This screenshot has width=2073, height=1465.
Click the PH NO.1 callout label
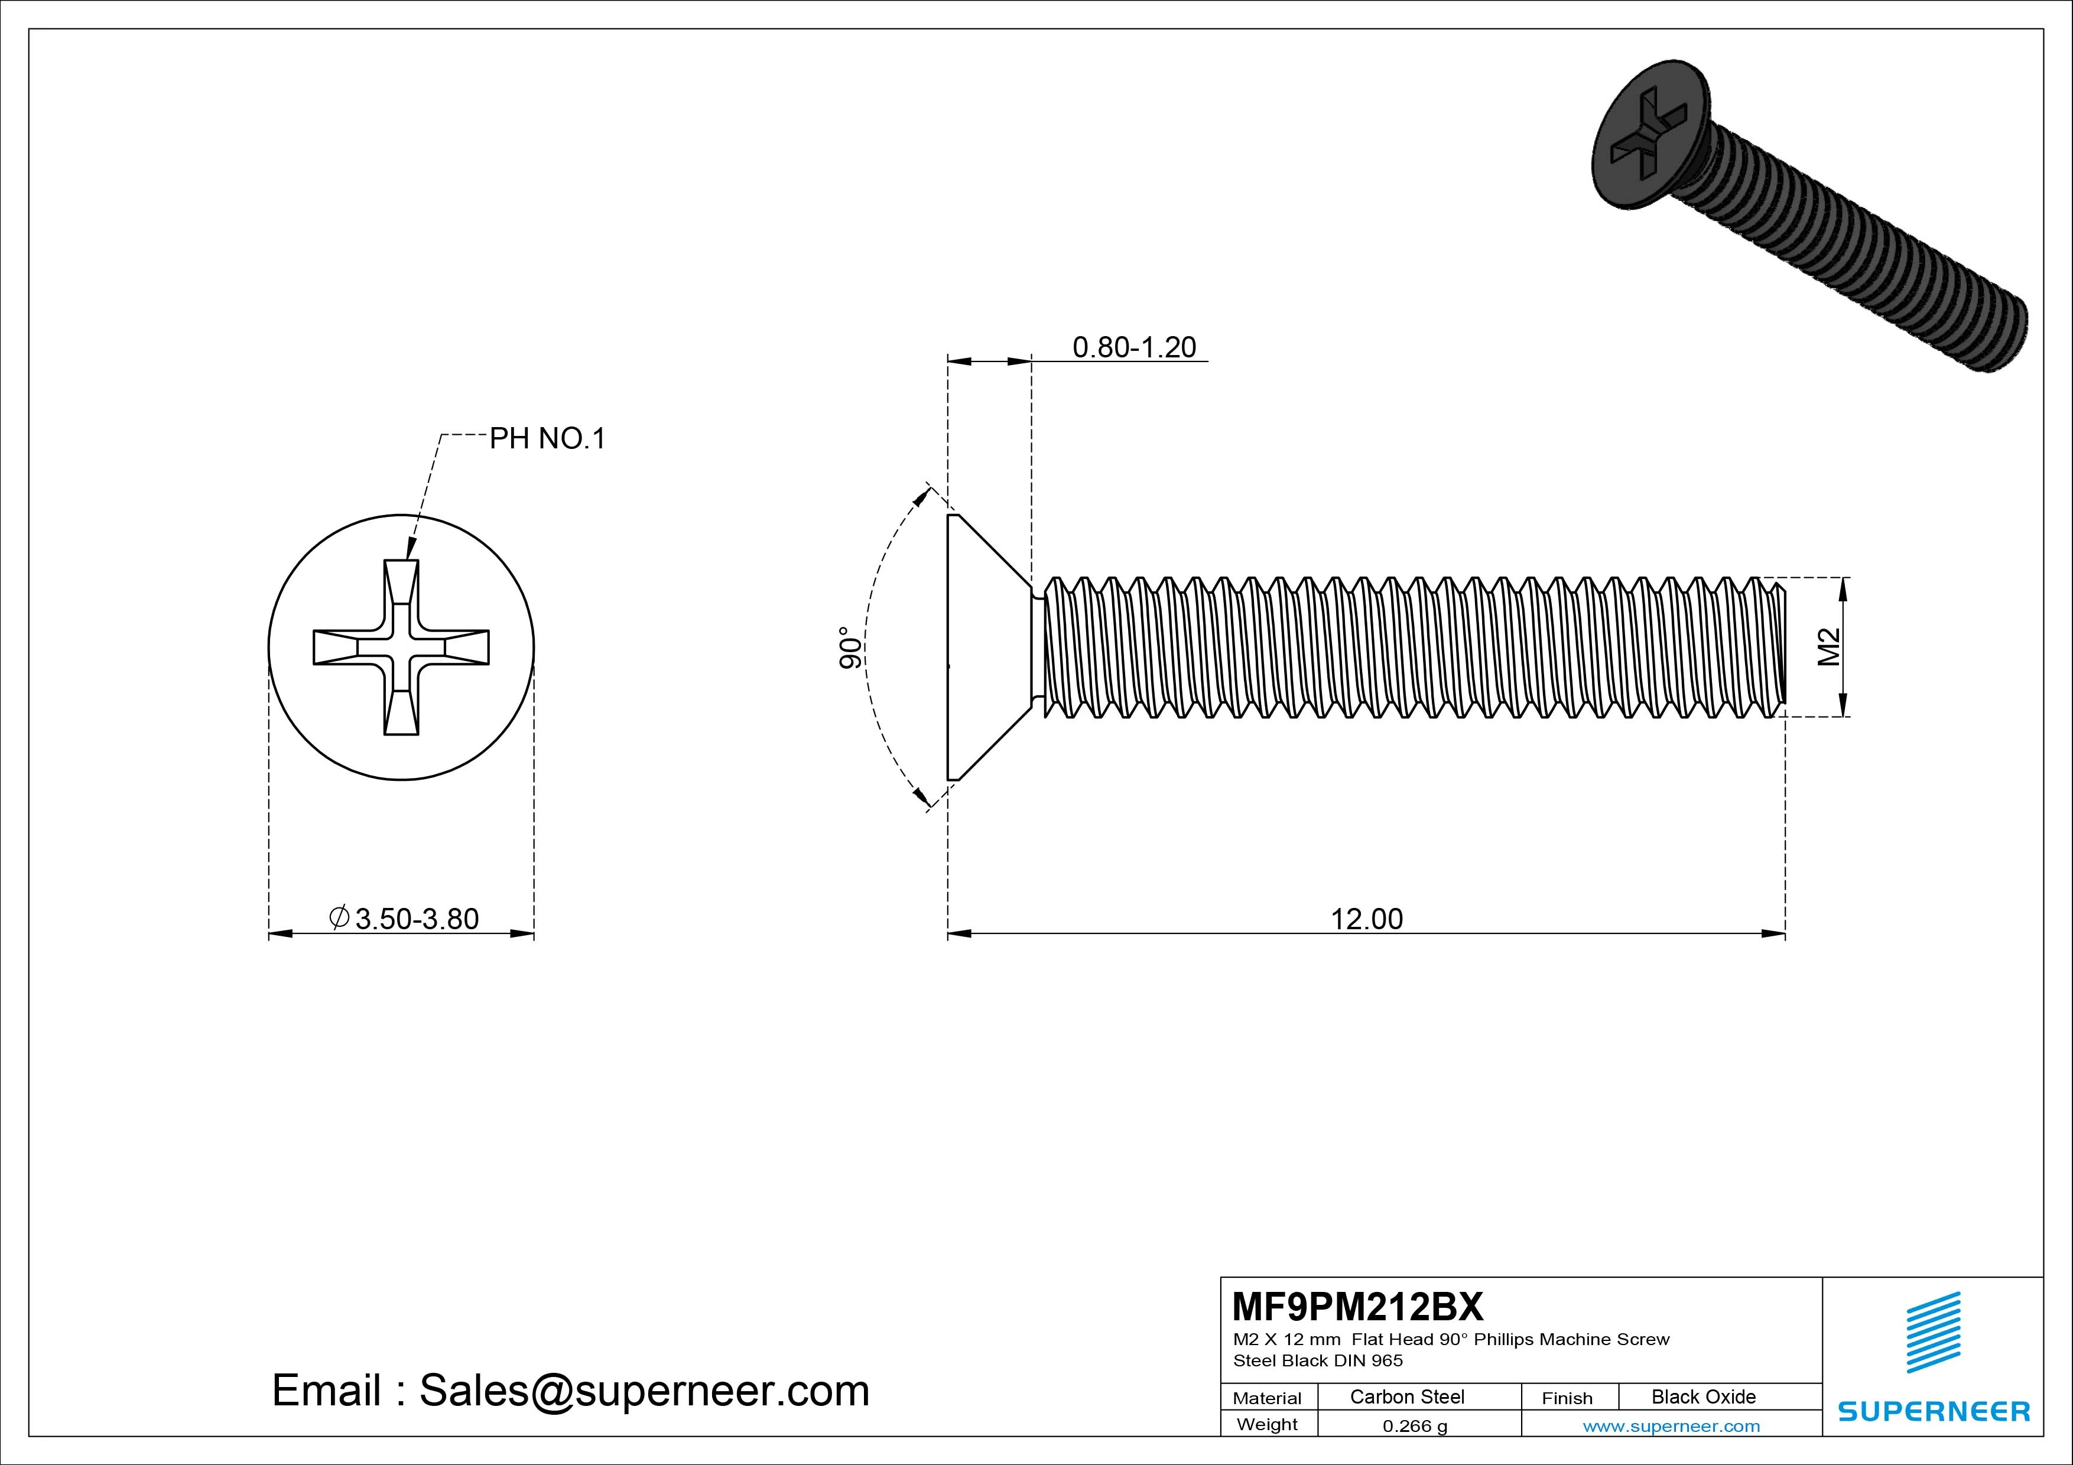click(547, 439)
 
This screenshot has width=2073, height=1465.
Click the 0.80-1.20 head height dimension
click(1134, 347)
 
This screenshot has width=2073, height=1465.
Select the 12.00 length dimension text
click(1367, 919)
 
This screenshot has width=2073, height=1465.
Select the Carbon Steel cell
click(1406, 1396)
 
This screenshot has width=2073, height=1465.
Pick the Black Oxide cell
click(1704, 1396)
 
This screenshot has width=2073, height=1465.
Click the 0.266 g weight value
click(1415, 1426)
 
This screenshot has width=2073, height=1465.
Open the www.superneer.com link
click(1671, 1426)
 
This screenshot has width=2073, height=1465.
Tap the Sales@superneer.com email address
click(644, 1391)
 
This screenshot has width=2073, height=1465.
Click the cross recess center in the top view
click(401, 647)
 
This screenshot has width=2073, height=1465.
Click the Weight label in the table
click(1267, 1424)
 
